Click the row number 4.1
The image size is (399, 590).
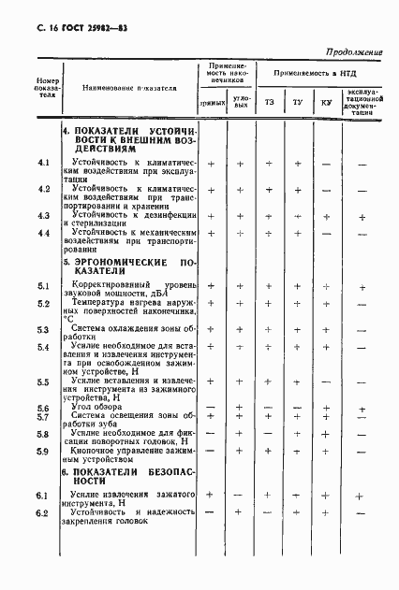(x=43, y=164)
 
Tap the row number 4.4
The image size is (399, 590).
(x=43, y=232)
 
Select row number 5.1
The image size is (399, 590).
(x=43, y=286)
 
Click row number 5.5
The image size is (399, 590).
(x=43, y=382)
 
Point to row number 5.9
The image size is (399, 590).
(x=43, y=452)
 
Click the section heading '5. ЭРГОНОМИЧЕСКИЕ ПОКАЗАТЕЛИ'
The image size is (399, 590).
(x=128, y=268)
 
